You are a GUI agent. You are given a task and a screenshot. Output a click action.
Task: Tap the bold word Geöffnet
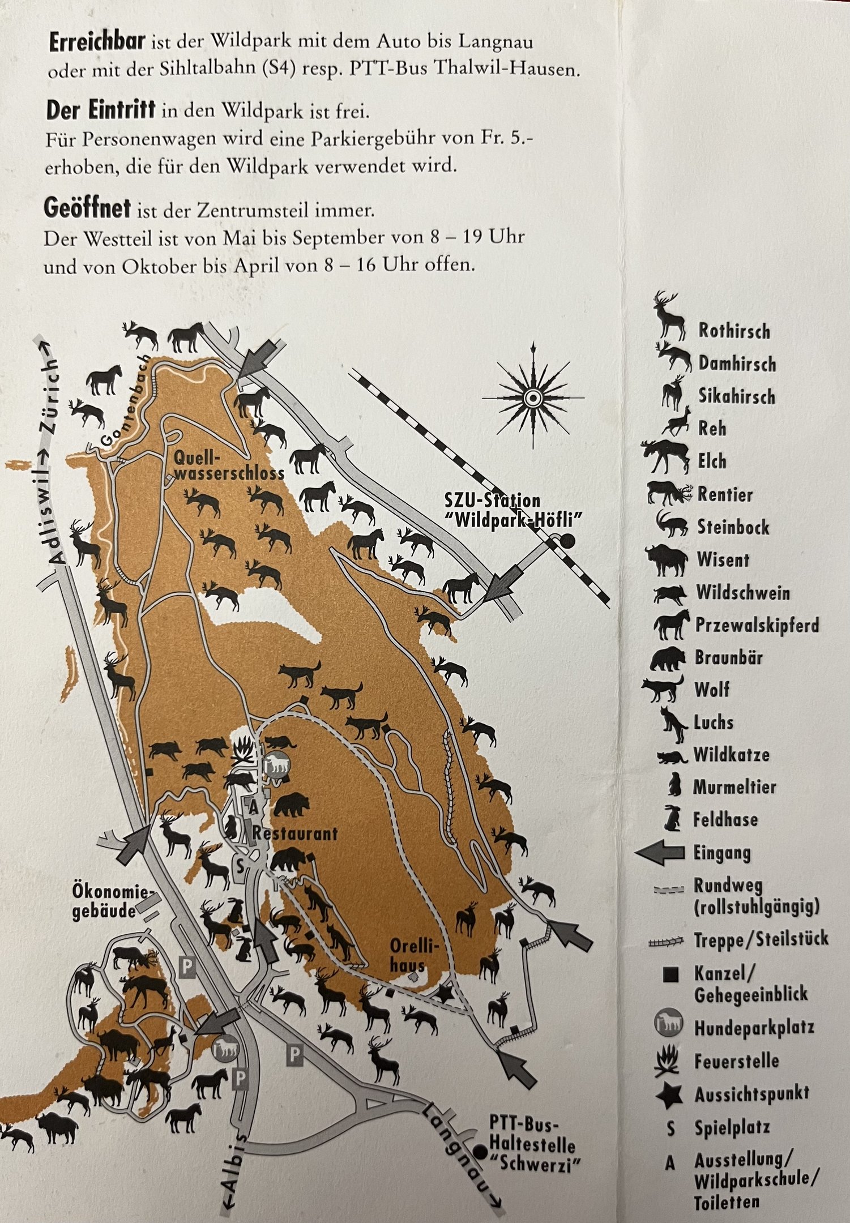coord(87,209)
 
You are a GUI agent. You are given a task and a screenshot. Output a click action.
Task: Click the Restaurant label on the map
coord(294,833)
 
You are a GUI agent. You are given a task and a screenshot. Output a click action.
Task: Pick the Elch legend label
coord(711,461)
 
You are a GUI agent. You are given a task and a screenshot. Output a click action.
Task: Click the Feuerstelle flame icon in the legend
coord(669,1060)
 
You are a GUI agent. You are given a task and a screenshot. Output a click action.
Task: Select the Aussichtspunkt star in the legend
coord(669,1093)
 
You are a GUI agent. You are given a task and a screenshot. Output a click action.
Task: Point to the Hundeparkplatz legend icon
coord(669,1025)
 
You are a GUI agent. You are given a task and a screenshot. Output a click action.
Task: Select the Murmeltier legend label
coord(734,786)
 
